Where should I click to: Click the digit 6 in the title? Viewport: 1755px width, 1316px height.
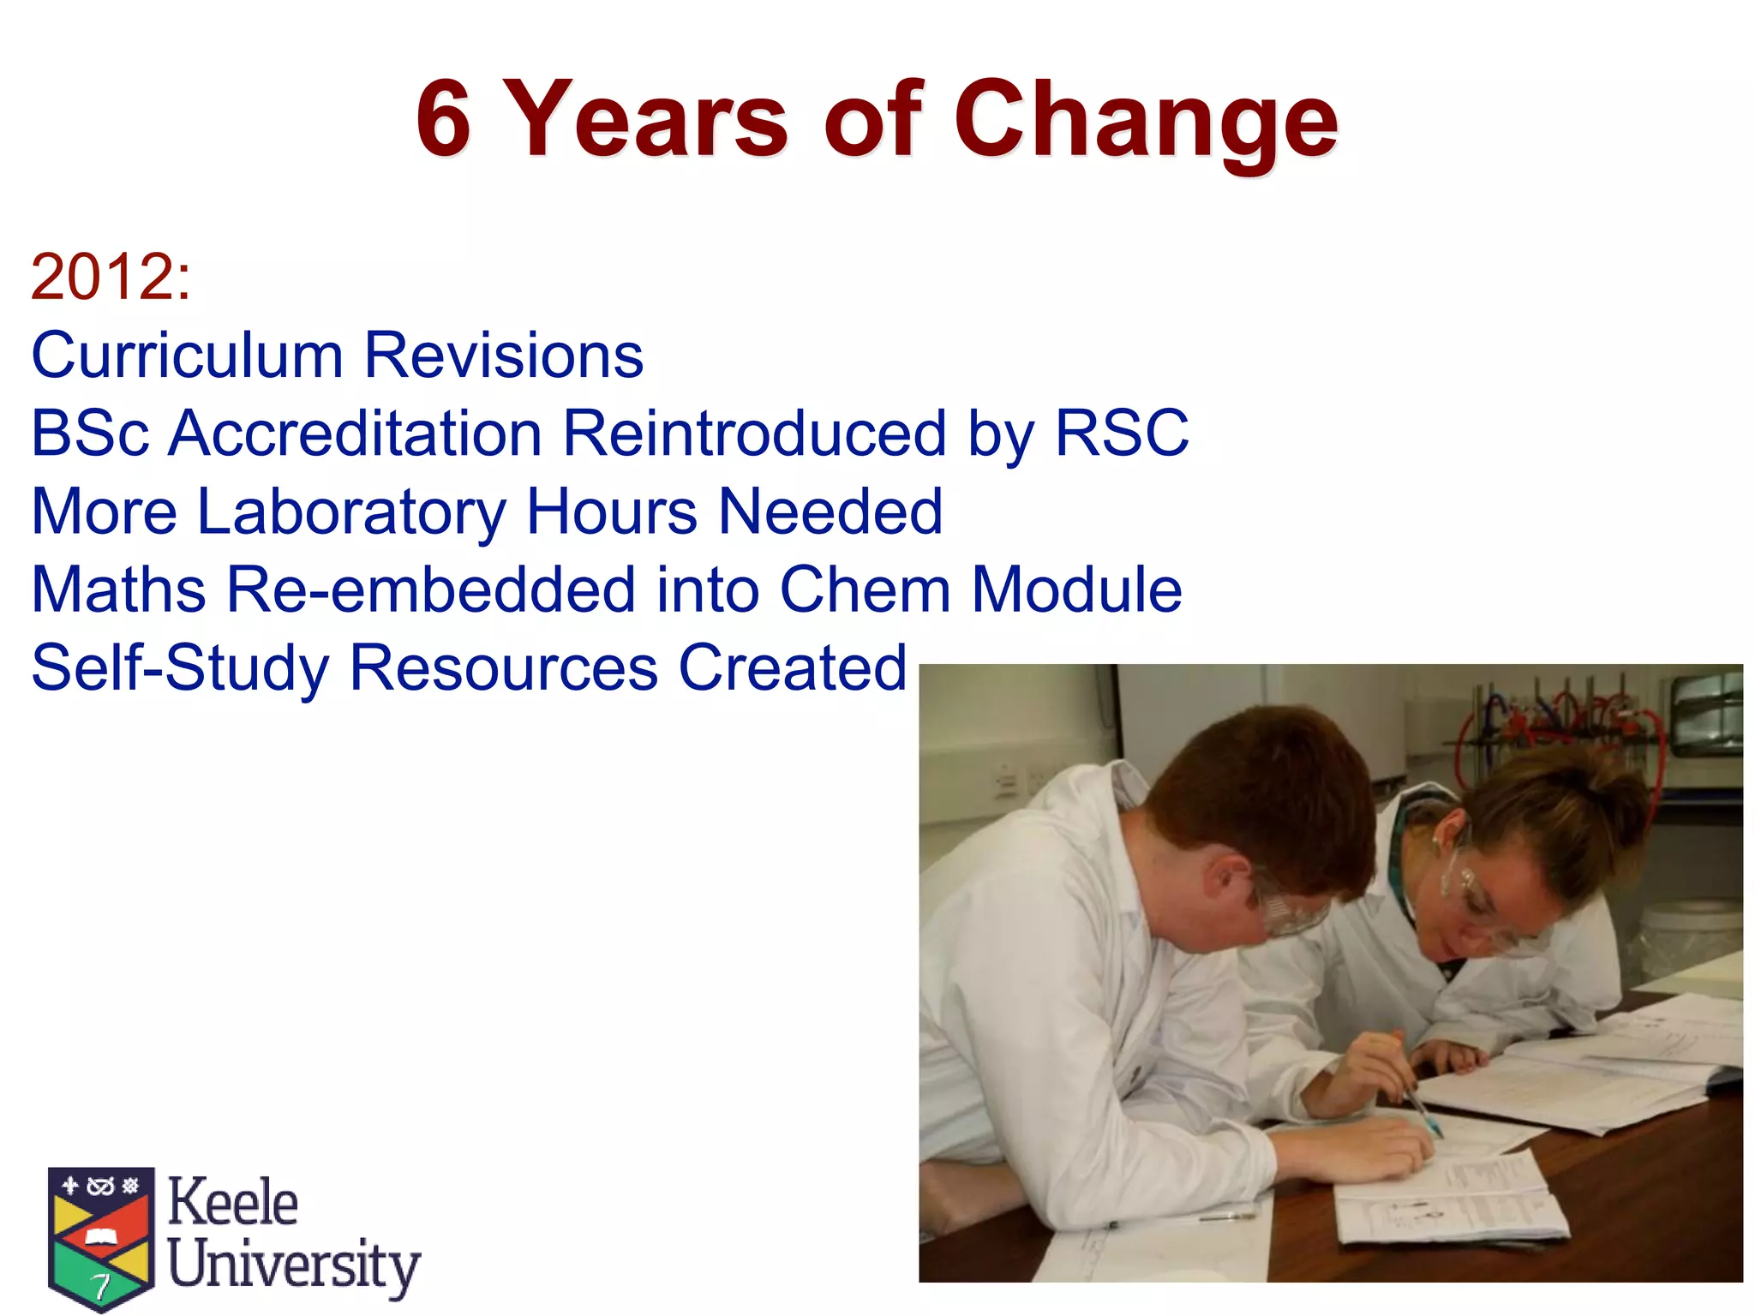(443, 119)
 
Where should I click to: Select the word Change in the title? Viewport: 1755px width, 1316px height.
(1146, 121)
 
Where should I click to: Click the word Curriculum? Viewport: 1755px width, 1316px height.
(187, 355)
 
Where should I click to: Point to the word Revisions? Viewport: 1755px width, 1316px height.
(503, 355)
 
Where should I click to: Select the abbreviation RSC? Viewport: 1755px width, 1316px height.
(1121, 433)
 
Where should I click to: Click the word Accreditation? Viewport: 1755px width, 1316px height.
(355, 433)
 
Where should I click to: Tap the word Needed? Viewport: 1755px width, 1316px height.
(830, 511)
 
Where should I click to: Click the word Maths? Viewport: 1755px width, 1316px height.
(118, 589)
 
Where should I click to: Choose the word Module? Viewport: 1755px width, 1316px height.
(1076, 589)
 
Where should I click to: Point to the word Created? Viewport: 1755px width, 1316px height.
(792, 667)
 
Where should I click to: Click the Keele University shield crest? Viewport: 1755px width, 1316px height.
(101, 1235)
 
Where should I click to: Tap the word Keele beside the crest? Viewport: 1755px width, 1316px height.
(232, 1202)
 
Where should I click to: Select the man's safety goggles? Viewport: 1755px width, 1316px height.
(1285, 908)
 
